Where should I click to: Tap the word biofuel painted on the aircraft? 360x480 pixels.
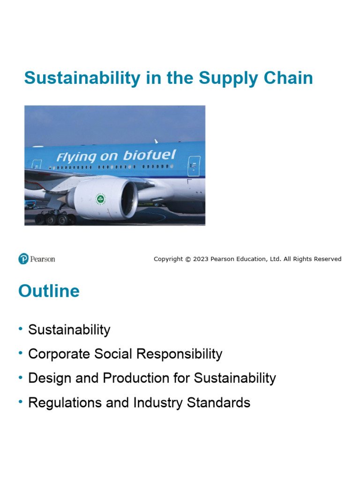149,156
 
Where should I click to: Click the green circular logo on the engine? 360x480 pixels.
100,199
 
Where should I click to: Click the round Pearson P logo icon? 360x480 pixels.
23,259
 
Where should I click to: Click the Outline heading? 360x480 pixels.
49,291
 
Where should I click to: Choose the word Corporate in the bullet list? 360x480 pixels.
59,354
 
